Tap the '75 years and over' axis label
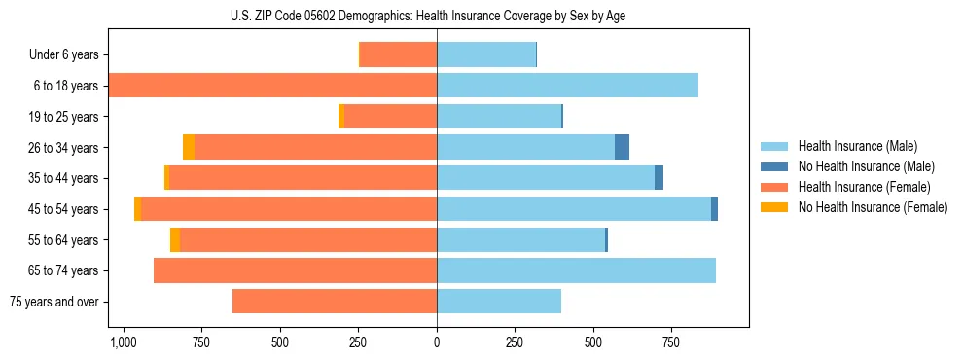tap(53, 302)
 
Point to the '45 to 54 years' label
tap(63, 209)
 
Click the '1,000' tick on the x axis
tap(123, 343)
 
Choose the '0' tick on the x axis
tap(437, 343)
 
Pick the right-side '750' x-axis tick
tap(671, 343)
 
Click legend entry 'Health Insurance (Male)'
tap(857, 146)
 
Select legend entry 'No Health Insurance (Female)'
tap(873, 207)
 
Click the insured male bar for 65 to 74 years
tap(576, 270)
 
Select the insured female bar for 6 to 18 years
tap(272, 86)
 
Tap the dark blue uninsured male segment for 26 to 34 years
tap(622, 147)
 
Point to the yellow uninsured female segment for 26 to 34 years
tap(189, 147)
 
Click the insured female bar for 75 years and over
tap(335, 302)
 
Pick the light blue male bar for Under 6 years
tap(486, 54)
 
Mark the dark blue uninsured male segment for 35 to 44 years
tap(659, 178)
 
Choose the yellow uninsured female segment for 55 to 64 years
tap(175, 240)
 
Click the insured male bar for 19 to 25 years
tap(499, 117)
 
